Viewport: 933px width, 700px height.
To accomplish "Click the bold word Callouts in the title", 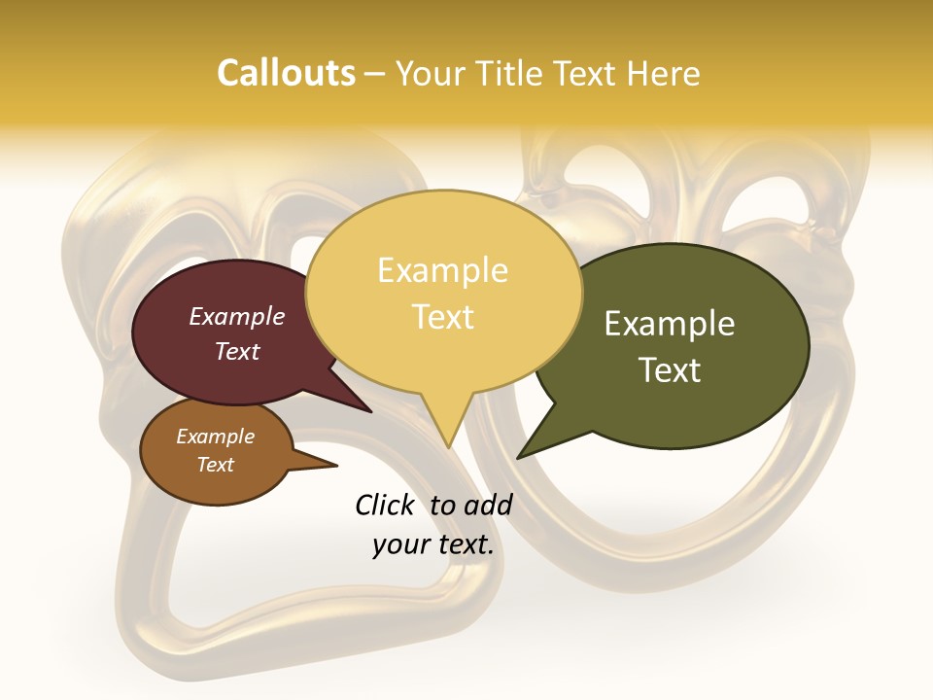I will click(x=286, y=73).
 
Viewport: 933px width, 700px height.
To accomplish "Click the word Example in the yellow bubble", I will click(x=442, y=270).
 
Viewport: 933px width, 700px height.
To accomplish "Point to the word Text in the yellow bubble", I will click(x=442, y=316).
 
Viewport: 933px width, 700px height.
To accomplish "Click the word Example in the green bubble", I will click(x=670, y=324).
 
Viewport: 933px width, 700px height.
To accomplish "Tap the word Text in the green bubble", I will click(x=670, y=369).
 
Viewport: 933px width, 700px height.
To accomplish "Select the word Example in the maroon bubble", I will click(x=236, y=316).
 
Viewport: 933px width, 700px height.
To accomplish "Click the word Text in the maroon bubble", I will click(x=236, y=351).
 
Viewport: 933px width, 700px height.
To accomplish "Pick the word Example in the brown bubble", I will click(x=215, y=437).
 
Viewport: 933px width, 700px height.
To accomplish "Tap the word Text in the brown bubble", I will click(x=215, y=465).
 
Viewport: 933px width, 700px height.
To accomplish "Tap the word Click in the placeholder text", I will click(x=386, y=505).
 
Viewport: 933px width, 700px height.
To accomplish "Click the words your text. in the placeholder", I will click(x=432, y=544).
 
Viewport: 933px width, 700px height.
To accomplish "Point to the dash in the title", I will click(x=375, y=74).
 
